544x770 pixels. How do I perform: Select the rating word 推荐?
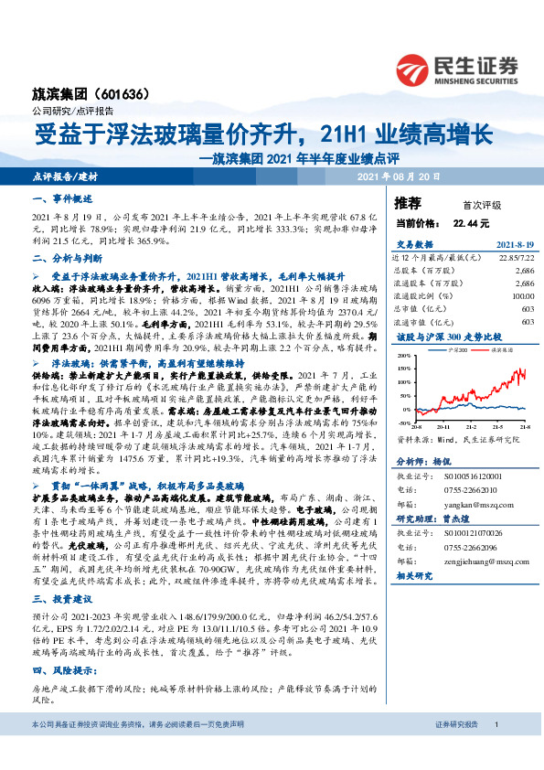tap(408, 202)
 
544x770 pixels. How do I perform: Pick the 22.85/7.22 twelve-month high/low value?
tap(516, 259)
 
